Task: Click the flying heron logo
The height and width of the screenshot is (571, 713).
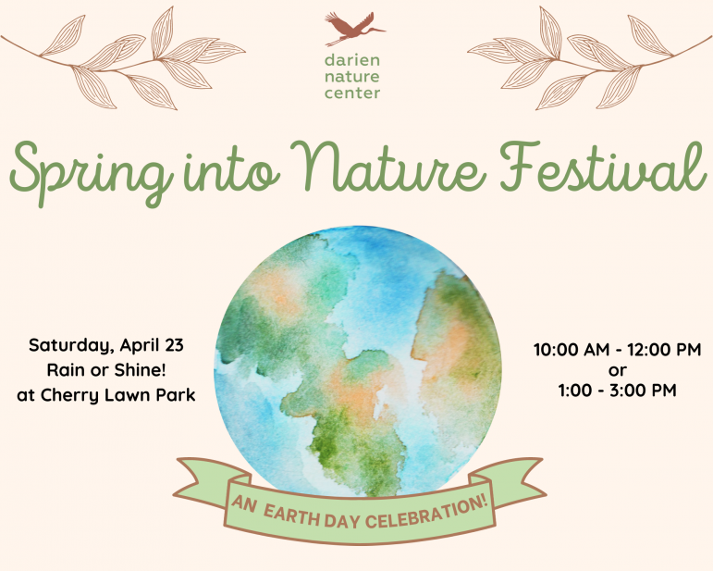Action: [x=354, y=29]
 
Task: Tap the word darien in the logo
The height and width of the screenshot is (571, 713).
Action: [x=352, y=60]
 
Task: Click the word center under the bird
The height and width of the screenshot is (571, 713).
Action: [x=352, y=93]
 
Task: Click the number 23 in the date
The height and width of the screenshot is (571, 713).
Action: [x=174, y=345]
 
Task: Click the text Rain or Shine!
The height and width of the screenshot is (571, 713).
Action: [x=106, y=370]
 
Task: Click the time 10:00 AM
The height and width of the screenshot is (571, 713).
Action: [x=572, y=350]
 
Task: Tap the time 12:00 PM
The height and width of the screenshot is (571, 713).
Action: [x=664, y=350]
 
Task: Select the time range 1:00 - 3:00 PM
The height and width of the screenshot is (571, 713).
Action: [x=617, y=391]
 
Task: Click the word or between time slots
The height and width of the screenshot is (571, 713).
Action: [x=617, y=371]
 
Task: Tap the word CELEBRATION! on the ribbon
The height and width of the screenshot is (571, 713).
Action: [x=427, y=514]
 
